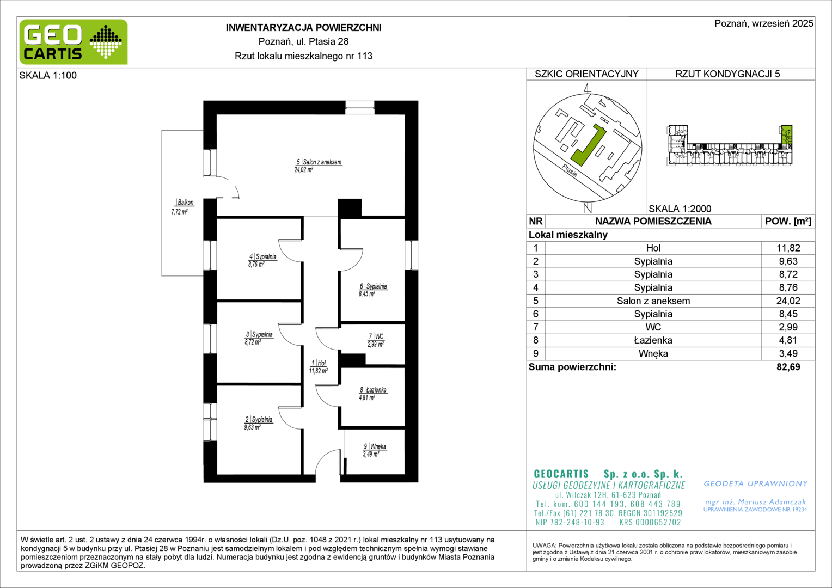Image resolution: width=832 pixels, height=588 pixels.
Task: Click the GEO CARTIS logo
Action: tap(74, 42)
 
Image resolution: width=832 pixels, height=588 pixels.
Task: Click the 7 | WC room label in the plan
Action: tap(376, 336)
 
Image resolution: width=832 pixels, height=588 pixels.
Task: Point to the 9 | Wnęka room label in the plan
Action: tap(375, 446)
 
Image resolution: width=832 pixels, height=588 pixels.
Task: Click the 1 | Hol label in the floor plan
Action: tap(319, 363)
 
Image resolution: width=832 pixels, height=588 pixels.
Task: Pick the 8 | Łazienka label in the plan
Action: tap(373, 390)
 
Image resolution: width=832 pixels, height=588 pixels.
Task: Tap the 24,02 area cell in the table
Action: tap(788, 301)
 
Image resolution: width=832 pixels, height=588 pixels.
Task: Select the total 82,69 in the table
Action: tap(788, 367)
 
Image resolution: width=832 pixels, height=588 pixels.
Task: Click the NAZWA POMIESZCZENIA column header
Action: tap(653, 222)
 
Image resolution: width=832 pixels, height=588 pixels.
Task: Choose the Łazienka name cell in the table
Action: tap(653, 340)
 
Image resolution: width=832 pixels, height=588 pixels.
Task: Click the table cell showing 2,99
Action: tap(788, 327)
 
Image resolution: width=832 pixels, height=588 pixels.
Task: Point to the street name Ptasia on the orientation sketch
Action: tap(570, 170)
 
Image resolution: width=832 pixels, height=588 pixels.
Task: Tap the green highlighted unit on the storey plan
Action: tap(787, 135)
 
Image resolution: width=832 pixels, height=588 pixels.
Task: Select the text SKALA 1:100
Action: tap(48, 75)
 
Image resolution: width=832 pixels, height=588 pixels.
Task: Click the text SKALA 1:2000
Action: tap(680, 209)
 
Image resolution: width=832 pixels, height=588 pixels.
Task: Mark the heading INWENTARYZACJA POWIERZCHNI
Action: tap(303, 28)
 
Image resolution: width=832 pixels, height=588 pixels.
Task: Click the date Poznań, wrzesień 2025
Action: tap(764, 23)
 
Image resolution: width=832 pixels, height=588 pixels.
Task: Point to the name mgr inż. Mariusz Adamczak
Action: tap(756, 502)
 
